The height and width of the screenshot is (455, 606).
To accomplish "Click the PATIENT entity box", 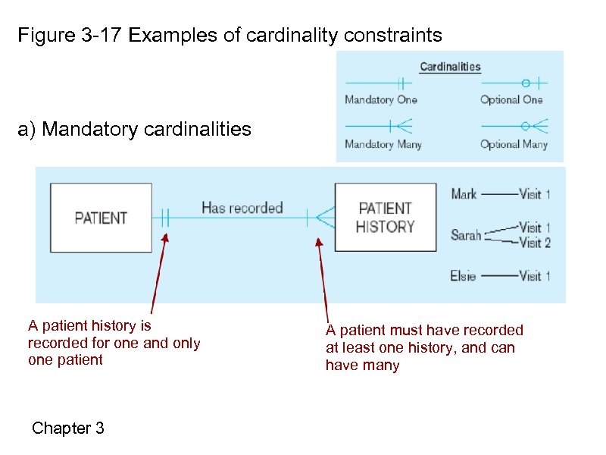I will (101, 218).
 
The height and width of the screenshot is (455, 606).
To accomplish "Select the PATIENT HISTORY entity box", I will (386, 218).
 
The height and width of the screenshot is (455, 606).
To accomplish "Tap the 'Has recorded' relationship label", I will (242, 208).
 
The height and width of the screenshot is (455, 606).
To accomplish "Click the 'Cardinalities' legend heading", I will (450, 67).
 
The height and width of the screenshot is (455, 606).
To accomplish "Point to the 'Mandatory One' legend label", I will (380, 99).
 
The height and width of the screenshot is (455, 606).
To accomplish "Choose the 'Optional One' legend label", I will (511, 99).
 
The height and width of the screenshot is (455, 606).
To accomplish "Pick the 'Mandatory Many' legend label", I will (383, 144).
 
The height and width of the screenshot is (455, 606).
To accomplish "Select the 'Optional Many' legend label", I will (514, 144).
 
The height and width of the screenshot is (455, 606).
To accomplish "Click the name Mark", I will (464, 194).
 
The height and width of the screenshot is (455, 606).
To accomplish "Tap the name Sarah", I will (466, 235).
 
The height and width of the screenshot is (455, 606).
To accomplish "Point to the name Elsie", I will (463, 276).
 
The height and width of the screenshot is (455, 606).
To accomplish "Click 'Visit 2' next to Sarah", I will (535, 243).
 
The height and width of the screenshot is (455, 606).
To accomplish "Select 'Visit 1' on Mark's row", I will (535, 194).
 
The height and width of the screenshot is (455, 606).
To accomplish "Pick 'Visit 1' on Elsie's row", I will (535, 276).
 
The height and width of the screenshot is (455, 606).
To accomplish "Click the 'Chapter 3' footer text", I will (68, 428).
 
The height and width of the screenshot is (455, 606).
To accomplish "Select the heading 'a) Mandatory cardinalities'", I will (134, 130).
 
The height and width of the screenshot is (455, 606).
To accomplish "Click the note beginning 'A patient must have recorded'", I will (424, 348).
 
